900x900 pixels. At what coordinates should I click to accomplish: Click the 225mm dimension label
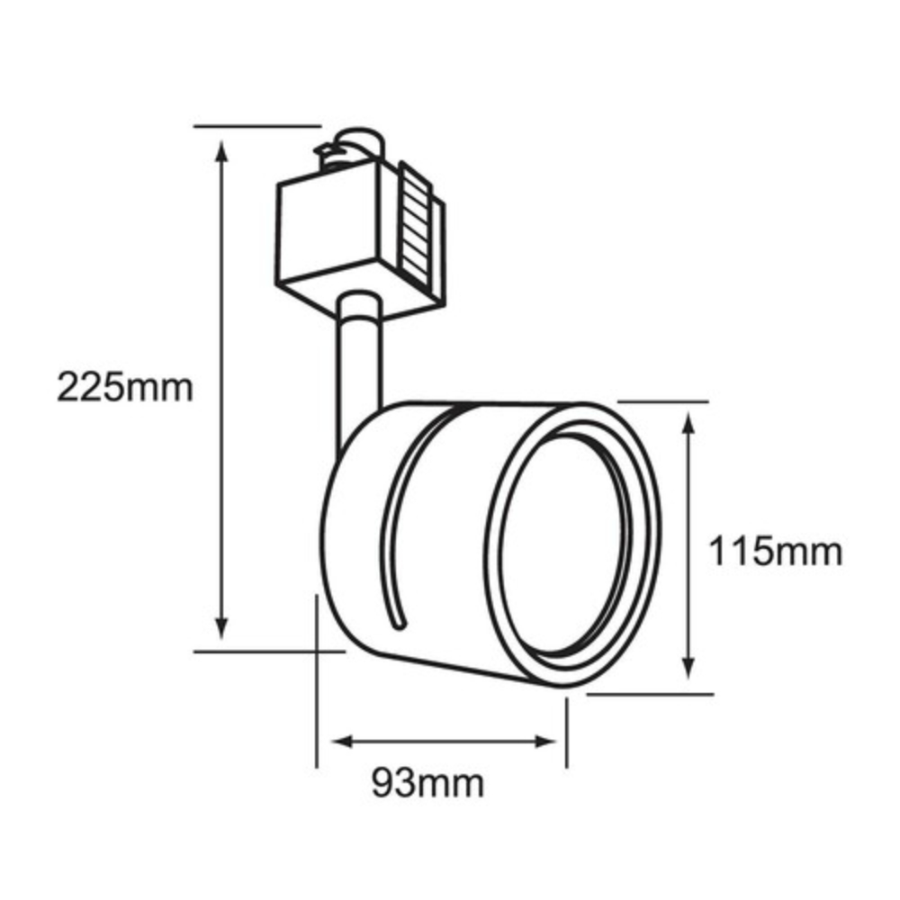[x=125, y=387]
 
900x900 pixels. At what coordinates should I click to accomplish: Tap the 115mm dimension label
[x=776, y=552]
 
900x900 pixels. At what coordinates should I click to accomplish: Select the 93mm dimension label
[x=427, y=783]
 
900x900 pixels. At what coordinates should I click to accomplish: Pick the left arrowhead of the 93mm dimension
[x=343, y=742]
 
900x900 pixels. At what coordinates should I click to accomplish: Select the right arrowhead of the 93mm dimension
[x=545, y=742]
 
